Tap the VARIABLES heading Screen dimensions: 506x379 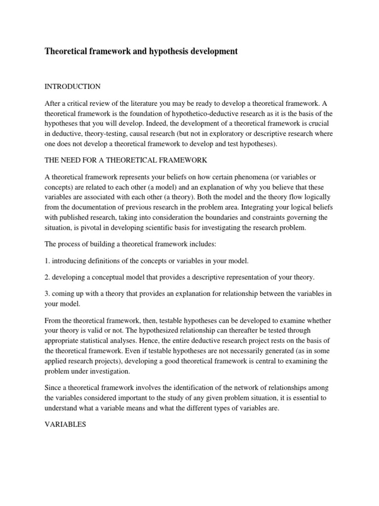(x=66, y=424)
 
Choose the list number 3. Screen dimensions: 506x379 (x=47, y=294)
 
